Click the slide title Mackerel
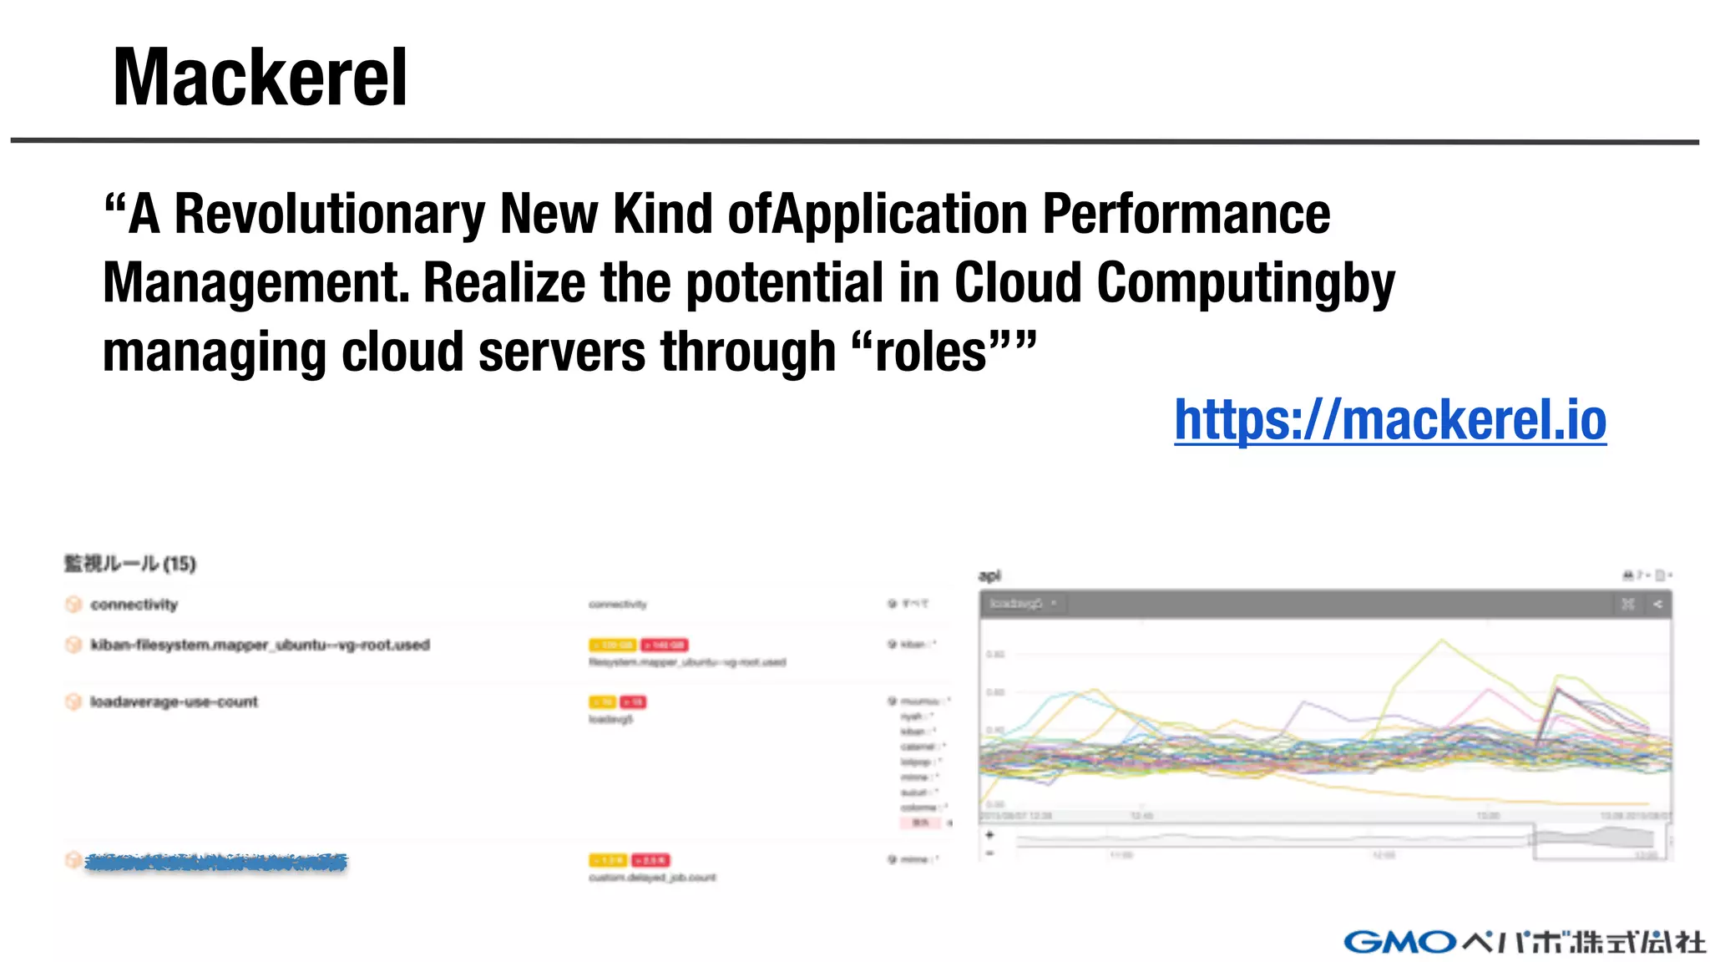[x=260, y=78]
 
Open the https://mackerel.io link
[x=1389, y=419]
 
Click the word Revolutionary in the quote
[x=329, y=215]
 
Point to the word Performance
[x=1186, y=215]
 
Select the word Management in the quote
[x=255, y=284]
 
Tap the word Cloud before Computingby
[x=1018, y=284]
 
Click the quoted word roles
[x=931, y=352]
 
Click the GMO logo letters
[x=1400, y=942]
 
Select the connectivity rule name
[x=134, y=605]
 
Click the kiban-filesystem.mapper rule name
[x=260, y=645]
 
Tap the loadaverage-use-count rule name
[x=174, y=701]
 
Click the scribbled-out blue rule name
[x=215, y=863]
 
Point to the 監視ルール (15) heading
[x=130, y=564]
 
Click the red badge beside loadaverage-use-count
[x=633, y=702]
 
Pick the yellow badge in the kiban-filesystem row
[x=612, y=645]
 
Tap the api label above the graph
[x=989, y=575]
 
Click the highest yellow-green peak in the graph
[x=1441, y=640]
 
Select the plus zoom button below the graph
[x=989, y=834]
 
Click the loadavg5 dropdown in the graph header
[x=1023, y=603]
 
